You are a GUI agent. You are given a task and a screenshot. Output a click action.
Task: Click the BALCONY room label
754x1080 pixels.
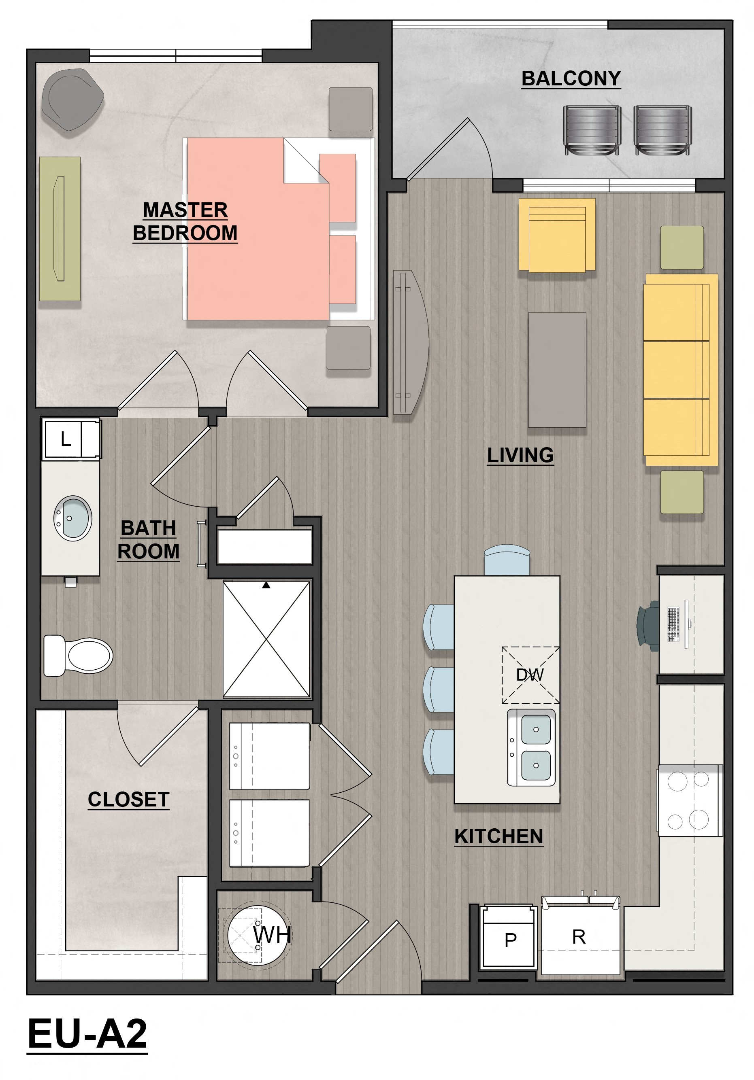click(571, 78)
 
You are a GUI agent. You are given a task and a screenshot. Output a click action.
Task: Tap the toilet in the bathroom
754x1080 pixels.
click(80, 655)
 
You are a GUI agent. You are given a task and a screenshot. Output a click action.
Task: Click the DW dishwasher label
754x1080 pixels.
click(530, 675)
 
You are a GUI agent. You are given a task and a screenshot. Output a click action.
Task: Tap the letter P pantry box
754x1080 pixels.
click(510, 940)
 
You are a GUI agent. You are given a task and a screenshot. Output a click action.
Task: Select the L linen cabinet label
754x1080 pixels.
click(66, 439)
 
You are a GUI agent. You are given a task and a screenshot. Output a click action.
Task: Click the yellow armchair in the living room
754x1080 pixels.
click(557, 235)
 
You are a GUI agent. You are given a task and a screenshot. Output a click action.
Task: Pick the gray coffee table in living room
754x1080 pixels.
click(557, 370)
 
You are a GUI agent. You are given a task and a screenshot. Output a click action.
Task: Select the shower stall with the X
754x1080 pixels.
click(266, 639)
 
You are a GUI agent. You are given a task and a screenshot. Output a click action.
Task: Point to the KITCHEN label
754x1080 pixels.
click(498, 836)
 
